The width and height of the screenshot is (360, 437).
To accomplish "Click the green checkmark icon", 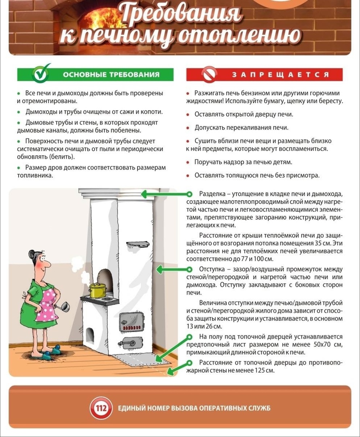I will pyautogui.click(x=42, y=73).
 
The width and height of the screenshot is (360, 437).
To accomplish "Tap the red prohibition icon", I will pyautogui.click(x=210, y=74).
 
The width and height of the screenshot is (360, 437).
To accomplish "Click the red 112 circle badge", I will pyautogui.click(x=101, y=407).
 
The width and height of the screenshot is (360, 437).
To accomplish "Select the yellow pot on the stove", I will pyautogui.click(x=97, y=290).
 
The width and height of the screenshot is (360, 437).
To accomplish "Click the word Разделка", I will pyautogui.click(x=212, y=194).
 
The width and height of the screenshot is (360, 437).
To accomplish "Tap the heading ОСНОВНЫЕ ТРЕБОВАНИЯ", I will pyautogui.click(x=110, y=74).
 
